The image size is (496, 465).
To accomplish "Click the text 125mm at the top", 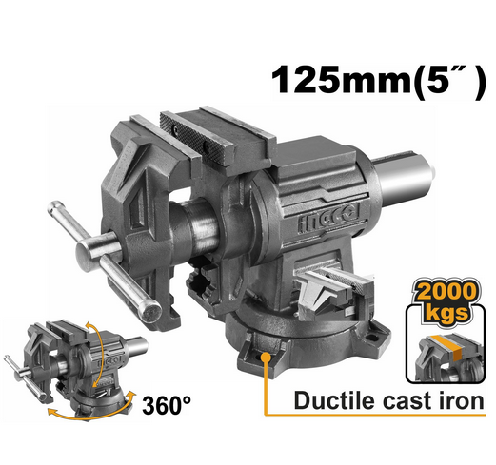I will tap(327, 80).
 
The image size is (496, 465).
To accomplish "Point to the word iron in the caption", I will tap(464, 400).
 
